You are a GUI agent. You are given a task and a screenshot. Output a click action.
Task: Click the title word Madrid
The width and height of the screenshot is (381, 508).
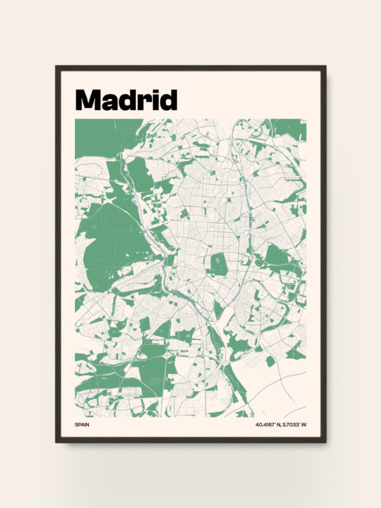click(x=126, y=100)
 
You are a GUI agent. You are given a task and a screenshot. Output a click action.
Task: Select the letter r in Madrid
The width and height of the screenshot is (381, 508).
click(x=142, y=102)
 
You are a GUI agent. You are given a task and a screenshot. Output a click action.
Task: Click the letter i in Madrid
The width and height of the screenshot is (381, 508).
click(x=152, y=100)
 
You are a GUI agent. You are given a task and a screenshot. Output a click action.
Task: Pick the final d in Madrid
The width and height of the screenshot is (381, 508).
click(x=166, y=100)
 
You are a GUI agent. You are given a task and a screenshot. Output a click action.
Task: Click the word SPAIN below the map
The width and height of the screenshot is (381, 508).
click(x=82, y=424)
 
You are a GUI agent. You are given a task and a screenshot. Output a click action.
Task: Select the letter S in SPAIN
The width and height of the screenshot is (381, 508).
click(x=76, y=424)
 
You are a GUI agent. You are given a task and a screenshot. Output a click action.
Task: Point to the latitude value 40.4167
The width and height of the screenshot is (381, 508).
click(x=267, y=424)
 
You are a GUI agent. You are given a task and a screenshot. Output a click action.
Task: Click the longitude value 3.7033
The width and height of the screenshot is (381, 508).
click(x=290, y=424)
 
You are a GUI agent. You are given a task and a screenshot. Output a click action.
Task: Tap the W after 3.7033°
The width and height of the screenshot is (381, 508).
click(x=304, y=424)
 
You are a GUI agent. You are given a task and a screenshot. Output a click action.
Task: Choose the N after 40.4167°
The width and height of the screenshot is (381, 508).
click(x=279, y=424)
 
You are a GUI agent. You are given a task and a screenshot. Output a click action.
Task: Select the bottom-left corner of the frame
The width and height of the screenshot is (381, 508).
click(x=57, y=441)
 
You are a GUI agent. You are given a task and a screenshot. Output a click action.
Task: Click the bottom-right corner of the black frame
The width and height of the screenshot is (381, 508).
click(x=324, y=441)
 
